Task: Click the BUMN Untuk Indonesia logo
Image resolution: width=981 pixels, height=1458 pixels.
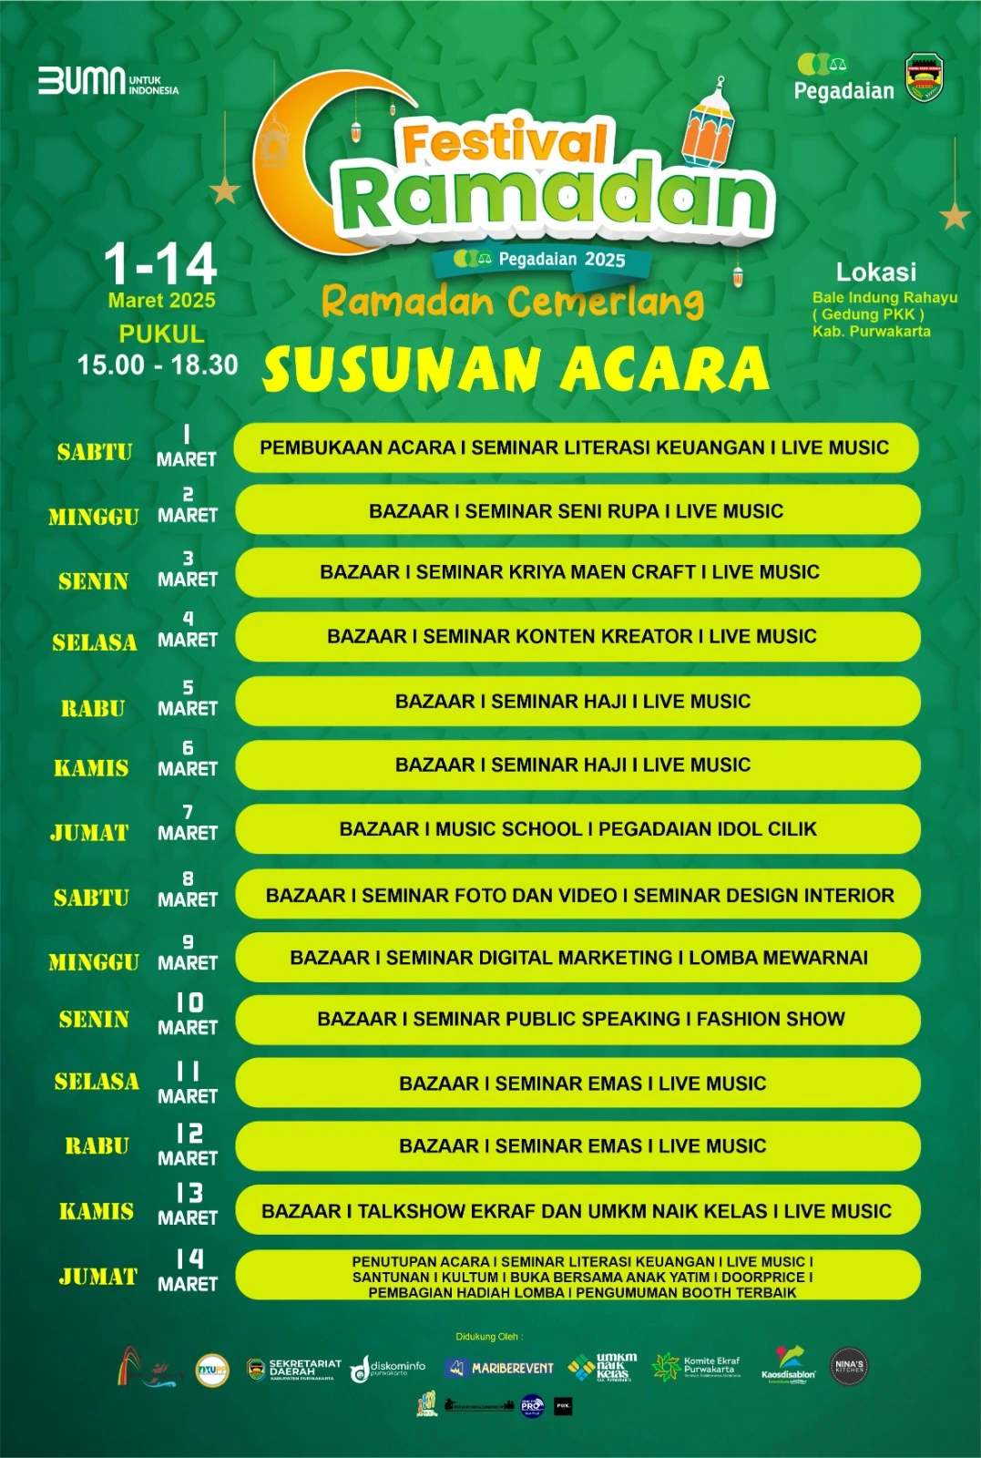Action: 107,82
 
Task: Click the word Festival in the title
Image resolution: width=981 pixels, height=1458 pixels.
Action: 504,144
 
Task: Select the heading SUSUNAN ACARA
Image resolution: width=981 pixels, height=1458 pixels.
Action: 516,370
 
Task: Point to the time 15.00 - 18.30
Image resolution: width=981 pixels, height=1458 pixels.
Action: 158,365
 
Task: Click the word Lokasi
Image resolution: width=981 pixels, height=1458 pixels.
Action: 876,272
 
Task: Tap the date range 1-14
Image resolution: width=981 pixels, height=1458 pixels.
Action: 160,264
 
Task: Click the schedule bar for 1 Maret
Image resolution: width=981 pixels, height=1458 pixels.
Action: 576,447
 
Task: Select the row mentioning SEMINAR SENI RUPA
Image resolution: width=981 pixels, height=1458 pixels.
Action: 576,511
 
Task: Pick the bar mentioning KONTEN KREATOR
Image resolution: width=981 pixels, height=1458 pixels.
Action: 576,636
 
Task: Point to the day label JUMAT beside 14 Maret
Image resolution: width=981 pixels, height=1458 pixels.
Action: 97,1277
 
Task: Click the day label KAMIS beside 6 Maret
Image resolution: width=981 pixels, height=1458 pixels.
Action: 91,768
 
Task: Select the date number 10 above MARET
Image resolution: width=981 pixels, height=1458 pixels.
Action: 189,1003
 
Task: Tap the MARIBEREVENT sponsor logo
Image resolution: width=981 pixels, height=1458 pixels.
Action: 500,1368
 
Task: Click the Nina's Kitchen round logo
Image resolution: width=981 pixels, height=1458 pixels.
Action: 849,1367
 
